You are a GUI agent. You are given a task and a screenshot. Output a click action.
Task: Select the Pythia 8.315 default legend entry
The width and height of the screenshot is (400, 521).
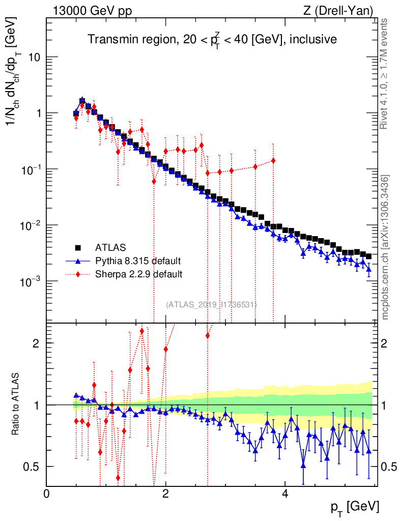tap(138, 262)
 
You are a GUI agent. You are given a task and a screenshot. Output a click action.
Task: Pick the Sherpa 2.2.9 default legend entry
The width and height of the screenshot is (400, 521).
tap(138, 274)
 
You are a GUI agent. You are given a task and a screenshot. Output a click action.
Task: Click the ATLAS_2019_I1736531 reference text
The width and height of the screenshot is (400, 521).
tap(211, 305)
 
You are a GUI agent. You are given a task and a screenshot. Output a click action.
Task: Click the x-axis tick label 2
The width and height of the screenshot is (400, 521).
tap(165, 493)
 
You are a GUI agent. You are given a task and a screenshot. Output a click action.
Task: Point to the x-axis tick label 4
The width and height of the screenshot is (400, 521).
tap(285, 493)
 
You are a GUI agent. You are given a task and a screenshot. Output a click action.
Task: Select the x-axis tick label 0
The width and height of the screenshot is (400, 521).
tap(47, 493)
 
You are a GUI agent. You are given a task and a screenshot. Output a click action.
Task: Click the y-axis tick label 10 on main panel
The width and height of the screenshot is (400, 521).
tap(34, 57)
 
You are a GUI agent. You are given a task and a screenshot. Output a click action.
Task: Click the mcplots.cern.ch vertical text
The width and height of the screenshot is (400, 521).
tap(385, 247)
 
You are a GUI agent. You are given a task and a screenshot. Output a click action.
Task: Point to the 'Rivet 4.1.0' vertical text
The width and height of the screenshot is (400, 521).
tap(385, 74)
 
